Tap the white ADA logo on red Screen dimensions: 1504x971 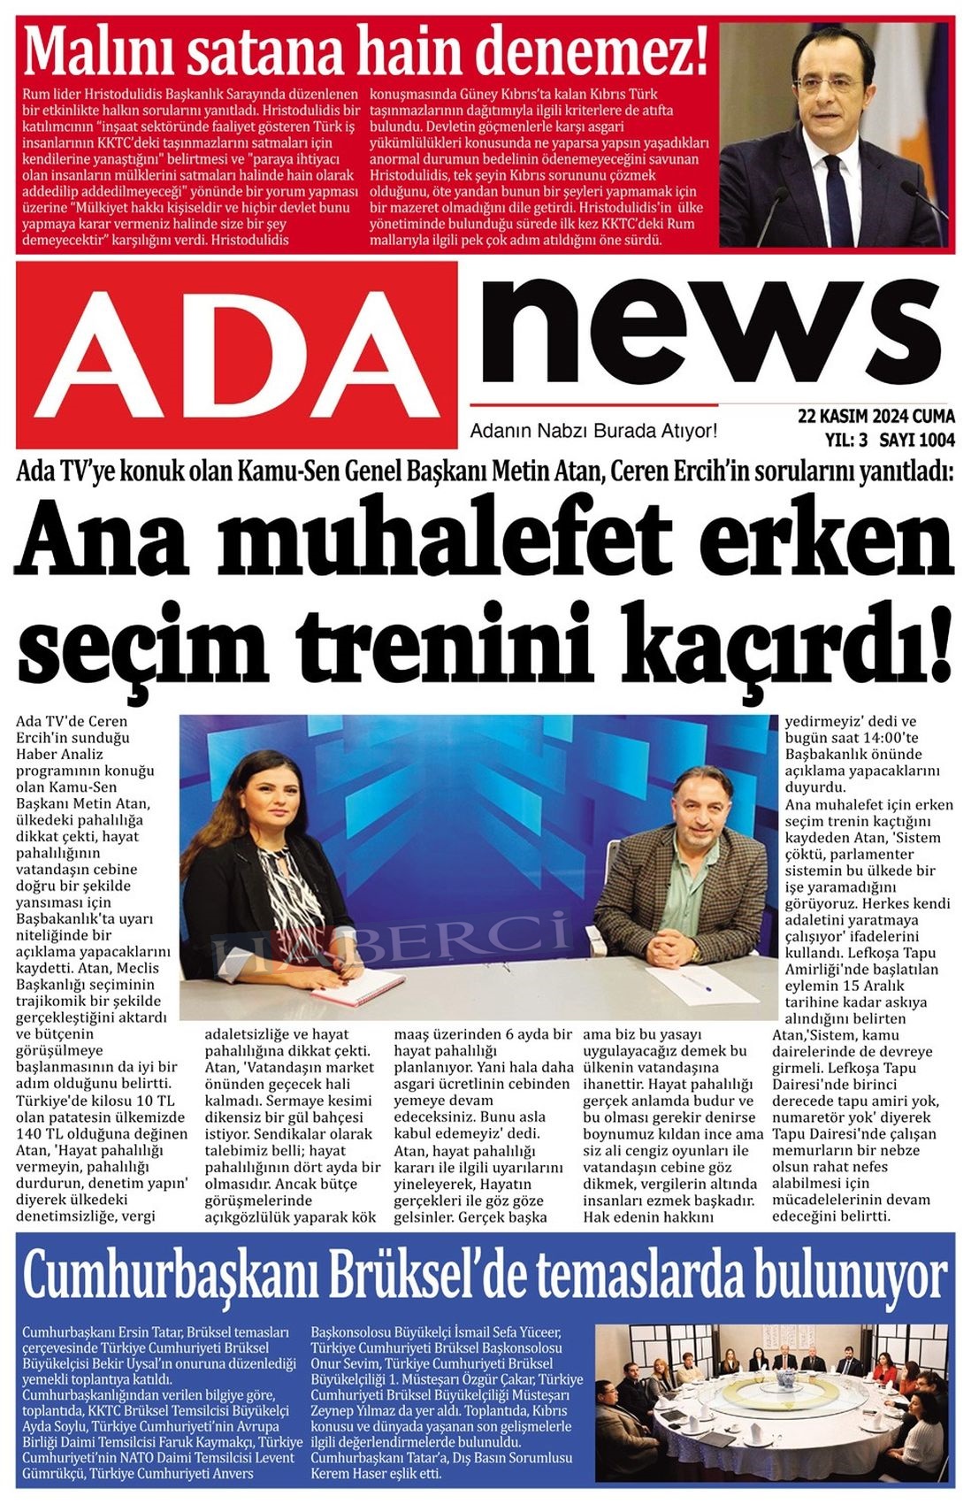click(x=236, y=354)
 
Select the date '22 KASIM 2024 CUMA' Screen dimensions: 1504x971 click(x=875, y=416)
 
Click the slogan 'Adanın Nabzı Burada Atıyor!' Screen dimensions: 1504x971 click(x=593, y=431)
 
